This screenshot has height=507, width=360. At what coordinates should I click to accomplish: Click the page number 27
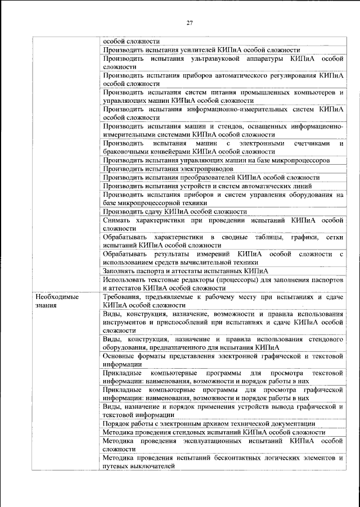(x=190, y=23)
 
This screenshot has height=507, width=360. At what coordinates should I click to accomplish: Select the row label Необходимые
(x=56, y=296)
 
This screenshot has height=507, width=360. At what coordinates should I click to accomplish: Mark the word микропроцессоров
(x=298, y=160)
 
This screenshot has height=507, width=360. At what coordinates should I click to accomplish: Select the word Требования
(x=124, y=296)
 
